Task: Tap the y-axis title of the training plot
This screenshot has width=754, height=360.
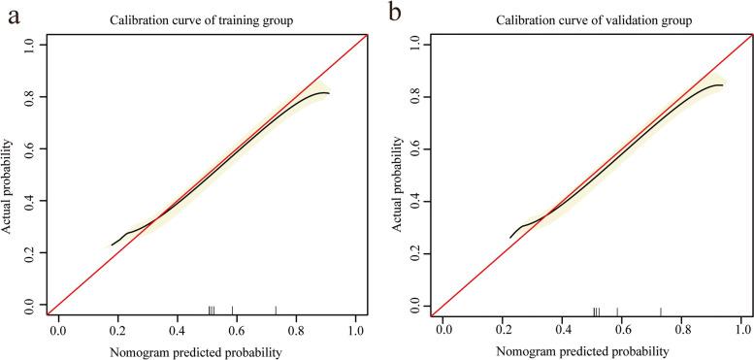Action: coord(9,175)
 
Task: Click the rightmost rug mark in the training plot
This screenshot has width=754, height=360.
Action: coord(276,311)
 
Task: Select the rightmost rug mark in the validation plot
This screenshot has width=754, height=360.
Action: coord(661,311)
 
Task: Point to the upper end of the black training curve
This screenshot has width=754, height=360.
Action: coord(329,93)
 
